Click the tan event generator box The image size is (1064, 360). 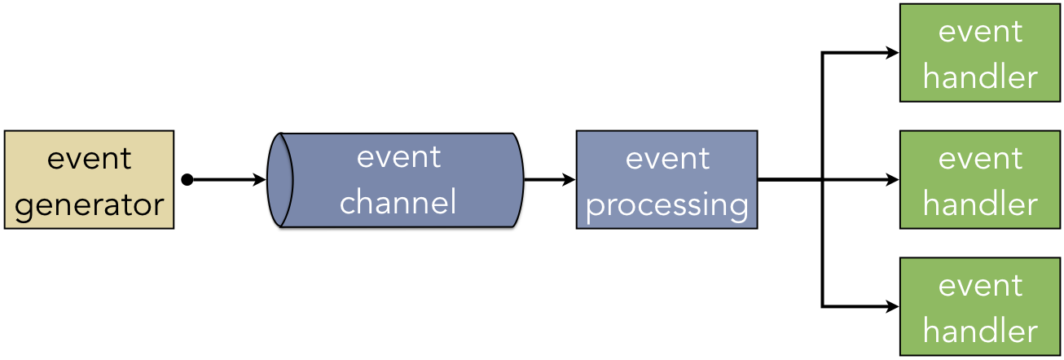(90, 179)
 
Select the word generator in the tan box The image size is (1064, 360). (90, 205)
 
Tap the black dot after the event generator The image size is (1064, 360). (187, 180)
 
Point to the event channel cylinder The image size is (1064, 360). (395, 180)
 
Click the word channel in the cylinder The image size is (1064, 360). (398, 201)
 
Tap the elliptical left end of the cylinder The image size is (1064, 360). (280, 180)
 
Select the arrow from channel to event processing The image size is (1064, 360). (550, 180)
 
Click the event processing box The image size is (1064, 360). (667, 179)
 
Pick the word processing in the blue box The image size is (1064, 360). (667, 205)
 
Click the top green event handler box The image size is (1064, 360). (980, 53)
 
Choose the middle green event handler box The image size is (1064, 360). (980, 179)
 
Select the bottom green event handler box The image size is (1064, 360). (980, 306)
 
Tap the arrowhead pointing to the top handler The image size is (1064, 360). (892, 53)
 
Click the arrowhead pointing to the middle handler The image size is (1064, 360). (892, 180)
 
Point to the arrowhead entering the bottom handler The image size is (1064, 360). (892, 307)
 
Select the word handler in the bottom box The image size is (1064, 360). (980, 330)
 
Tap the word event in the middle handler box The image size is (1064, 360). (980, 159)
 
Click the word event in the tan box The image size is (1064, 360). (90, 159)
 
